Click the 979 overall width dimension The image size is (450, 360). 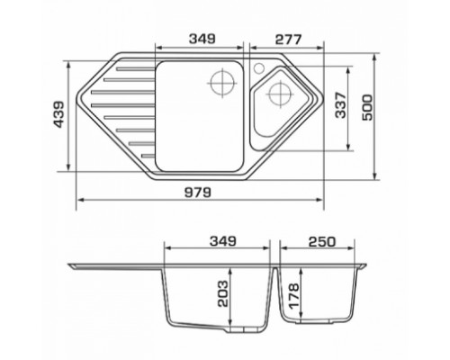click(x=197, y=193)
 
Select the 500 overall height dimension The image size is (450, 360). click(x=367, y=107)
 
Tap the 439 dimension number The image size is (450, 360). click(x=58, y=114)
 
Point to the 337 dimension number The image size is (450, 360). click(x=340, y=105)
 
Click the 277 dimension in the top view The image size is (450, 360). click(x=288, y=40)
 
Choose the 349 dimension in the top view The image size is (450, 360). click(x=202, y=39)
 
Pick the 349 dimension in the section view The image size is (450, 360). click(x=223, y=241)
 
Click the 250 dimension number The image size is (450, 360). click(x=322, y=241)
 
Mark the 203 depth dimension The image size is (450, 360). click(x=223, y=293)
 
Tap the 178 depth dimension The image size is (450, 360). click(x=293, y=296)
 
